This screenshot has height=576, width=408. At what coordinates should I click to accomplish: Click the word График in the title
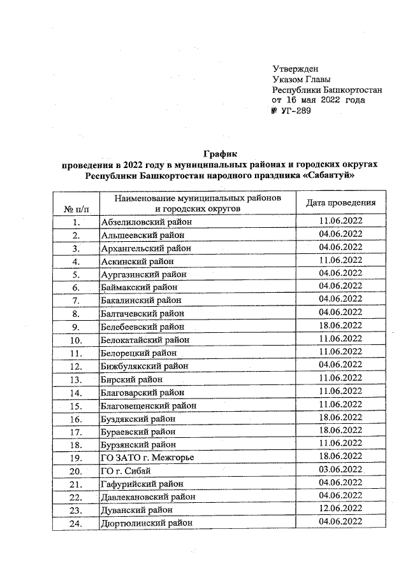tap(220, 153)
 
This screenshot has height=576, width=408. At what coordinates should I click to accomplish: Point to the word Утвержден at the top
tap(295, 69)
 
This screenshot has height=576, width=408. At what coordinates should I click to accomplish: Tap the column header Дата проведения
tap(340, 203)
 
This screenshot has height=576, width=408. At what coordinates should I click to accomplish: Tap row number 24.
tap(76, 523)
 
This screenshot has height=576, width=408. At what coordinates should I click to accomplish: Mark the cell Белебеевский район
tap(142, 327)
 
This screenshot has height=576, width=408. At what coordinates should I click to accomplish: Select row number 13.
tap(76, 379)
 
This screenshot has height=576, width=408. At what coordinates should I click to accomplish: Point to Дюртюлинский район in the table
tap(147, 523)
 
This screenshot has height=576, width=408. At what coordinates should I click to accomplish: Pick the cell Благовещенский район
tap(149, 405)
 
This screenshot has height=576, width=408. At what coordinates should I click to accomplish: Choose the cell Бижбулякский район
tap(145, 366)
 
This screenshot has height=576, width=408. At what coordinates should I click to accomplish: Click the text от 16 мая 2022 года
tap(327, 100)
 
